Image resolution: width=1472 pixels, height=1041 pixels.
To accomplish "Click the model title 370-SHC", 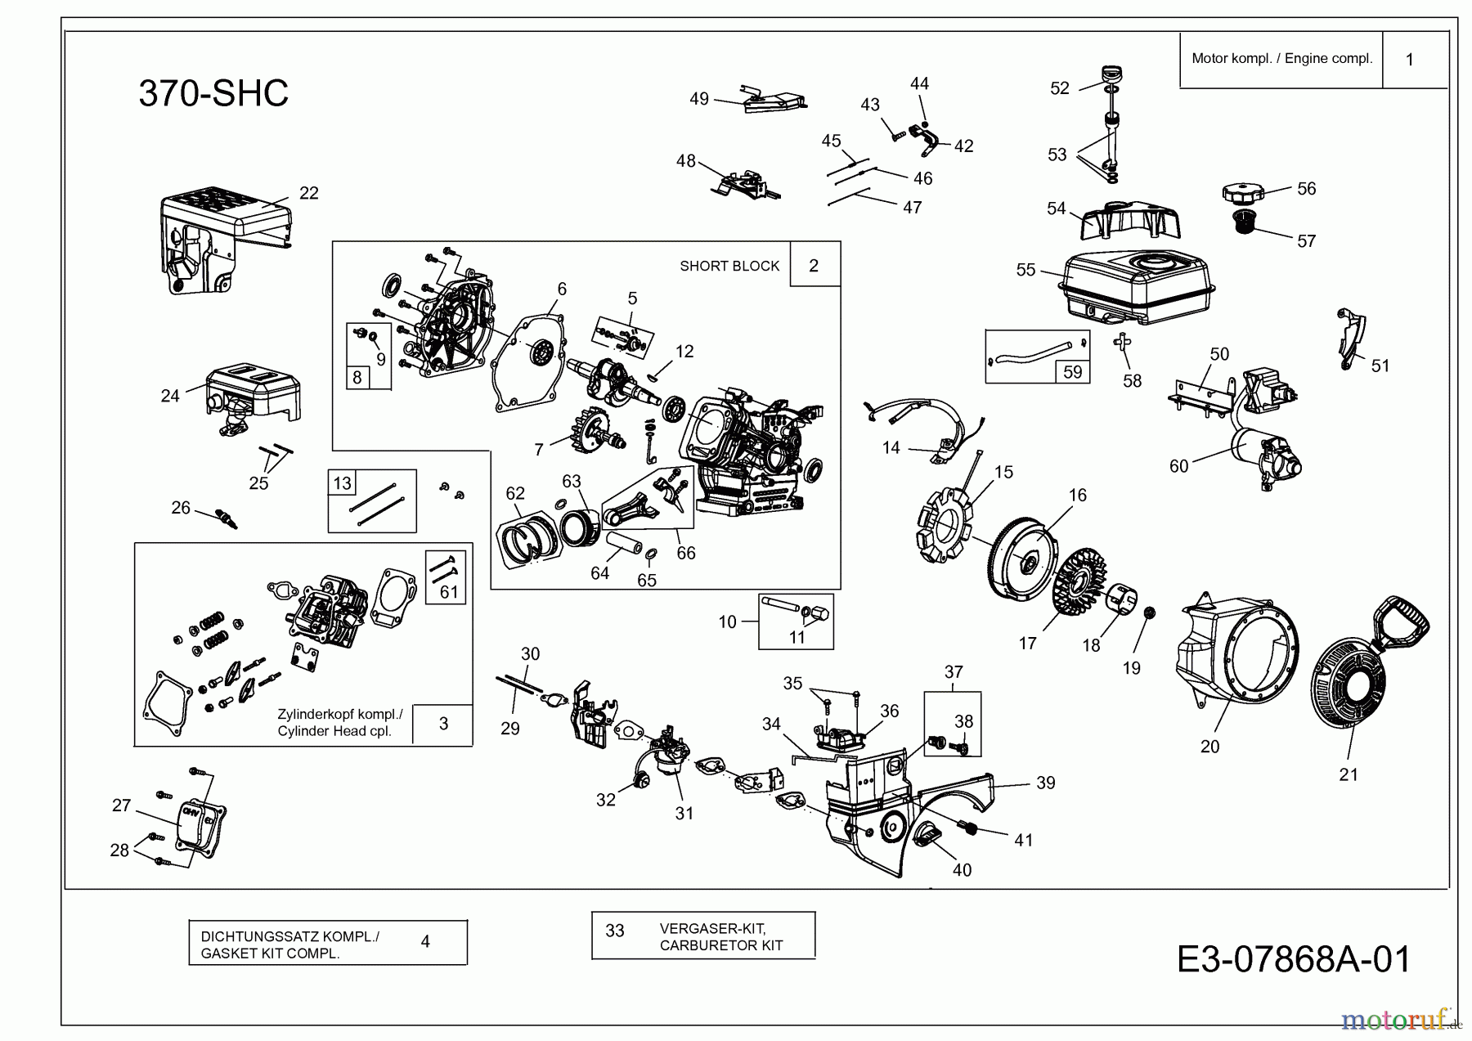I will pyautogui.click(x=213, y=93).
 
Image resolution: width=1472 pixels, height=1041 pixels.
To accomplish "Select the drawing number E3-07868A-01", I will pyautogui.click(x=1294, y=959).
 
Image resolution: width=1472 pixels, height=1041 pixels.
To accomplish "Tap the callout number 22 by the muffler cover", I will pyautogui.click(x=308, y=193).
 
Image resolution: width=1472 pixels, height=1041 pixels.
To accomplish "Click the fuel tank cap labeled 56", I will pyautogui.click(x=1243, y=195).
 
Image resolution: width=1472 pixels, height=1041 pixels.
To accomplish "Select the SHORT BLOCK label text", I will pyautogui.click(x=729, y=266).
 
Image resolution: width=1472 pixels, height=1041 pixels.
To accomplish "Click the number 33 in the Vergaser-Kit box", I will pyautogui.click(x=615, y=931).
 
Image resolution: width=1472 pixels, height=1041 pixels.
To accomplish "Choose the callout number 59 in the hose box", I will pyautogui.click(x=1072, y=372).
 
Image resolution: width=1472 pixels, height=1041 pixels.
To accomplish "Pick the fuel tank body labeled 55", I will pyautogui.click(x=1137, y=286).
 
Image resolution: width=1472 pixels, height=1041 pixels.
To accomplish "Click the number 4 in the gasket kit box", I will pyautogui.click(x=425, y=941).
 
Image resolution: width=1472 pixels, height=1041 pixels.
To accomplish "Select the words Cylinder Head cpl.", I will pyautogui.click(x=334, y=731).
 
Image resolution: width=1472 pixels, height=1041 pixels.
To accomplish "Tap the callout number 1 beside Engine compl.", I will pyautogui.click(x=1409, y=60).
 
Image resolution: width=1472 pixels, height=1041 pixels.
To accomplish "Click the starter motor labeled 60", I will pyautogui.click(x=1263, y=462).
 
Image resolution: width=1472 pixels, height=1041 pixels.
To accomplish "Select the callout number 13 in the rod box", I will pyautogui.click(x=342, y=483).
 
